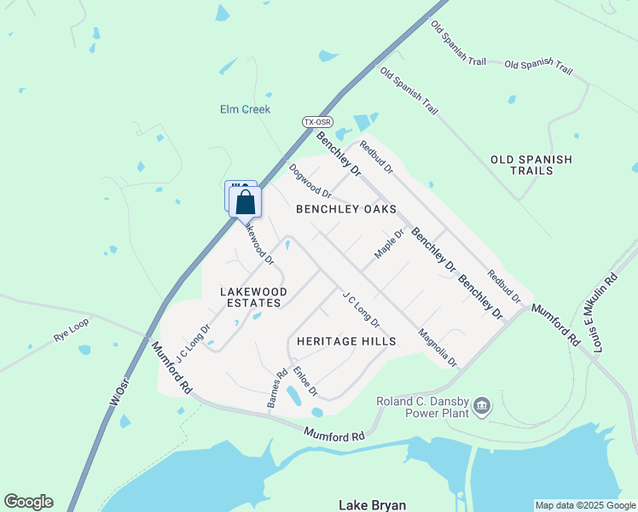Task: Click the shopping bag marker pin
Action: [246, 203]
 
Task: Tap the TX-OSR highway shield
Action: [316, 123]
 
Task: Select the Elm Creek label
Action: [245, 109]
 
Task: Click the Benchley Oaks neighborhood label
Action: [346, 209]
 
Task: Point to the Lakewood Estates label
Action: [253, 297]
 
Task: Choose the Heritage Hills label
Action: [346, 341]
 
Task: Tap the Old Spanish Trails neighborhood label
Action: [531, 165]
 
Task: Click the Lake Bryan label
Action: [372, 505]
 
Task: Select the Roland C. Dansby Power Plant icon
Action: [482, 404]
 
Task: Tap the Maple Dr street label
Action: [388, 244]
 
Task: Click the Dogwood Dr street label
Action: [310, 181]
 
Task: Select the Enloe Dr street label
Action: [304, 381]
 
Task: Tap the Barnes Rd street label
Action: [277, 388]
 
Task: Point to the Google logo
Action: [28, 502]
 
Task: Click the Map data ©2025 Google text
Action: [584, 505]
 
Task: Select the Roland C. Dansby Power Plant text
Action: [423, 407]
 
